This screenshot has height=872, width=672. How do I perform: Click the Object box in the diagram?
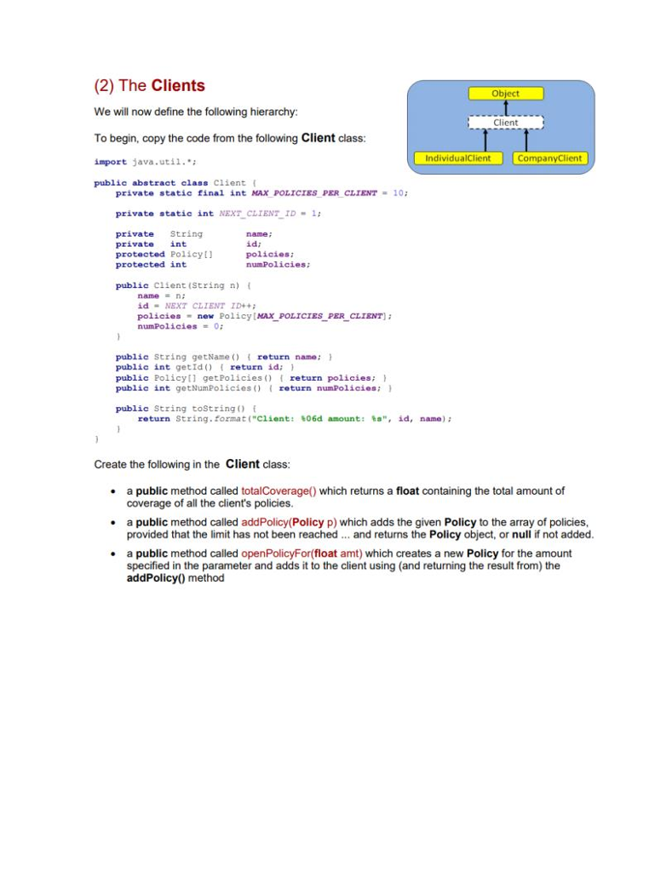505,94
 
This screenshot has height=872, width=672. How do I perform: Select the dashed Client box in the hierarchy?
505,123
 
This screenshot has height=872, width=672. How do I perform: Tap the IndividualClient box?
457,158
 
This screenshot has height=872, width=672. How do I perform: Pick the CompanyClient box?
549,158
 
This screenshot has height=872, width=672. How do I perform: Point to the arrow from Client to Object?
506,108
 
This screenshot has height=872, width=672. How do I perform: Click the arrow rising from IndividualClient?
485,141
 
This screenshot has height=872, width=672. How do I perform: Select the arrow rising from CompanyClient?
527,141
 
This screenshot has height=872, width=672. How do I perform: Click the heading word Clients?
178,86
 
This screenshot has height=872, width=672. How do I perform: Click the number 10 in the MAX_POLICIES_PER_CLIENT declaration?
399,193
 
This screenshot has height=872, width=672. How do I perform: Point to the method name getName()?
202,358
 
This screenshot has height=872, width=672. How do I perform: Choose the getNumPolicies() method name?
215,388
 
